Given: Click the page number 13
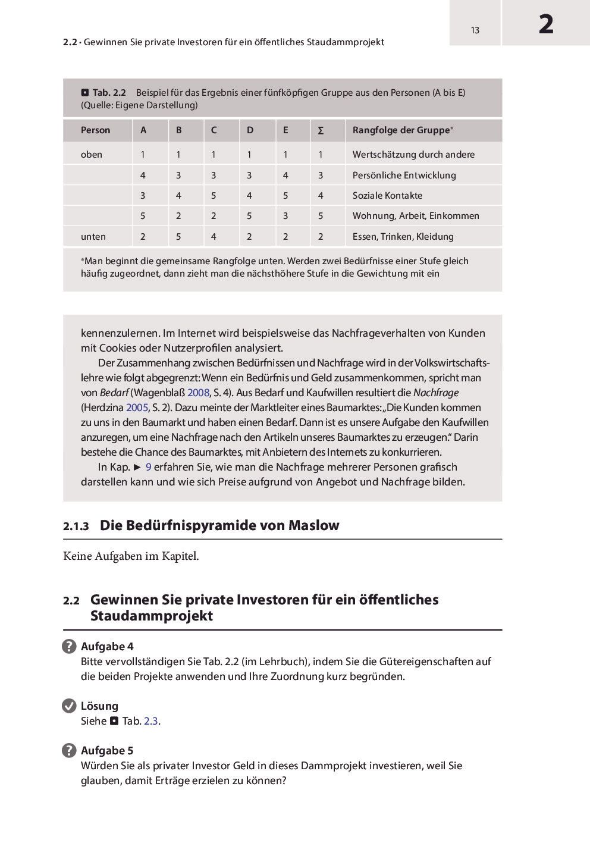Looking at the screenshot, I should coord(475,30).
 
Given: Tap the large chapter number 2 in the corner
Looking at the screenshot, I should coord(546,24).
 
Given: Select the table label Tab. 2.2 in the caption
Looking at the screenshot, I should coord(109,93).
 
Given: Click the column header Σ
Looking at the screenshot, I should coord(321,130).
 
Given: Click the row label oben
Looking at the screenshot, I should coord(92,155).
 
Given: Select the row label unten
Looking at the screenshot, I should coord(93,237).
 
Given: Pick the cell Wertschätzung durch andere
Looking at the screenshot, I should coord(413,155).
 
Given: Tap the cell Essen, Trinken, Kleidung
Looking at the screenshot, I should coord(403,237).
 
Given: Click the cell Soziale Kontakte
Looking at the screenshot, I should coord(387,196).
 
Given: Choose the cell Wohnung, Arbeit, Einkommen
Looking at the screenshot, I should coord(416,216).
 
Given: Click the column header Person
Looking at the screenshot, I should coord(95,130).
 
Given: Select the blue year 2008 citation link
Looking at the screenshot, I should coord(198,393).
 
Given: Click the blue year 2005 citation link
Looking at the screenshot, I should coord(137,408).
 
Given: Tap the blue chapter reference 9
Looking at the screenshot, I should coord(149,467).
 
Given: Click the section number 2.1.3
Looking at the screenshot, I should coord(76,527).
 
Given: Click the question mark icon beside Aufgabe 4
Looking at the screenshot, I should coord(69,647).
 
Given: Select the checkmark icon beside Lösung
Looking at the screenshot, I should coord(69,706).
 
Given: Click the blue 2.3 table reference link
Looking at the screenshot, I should coord(151,721).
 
